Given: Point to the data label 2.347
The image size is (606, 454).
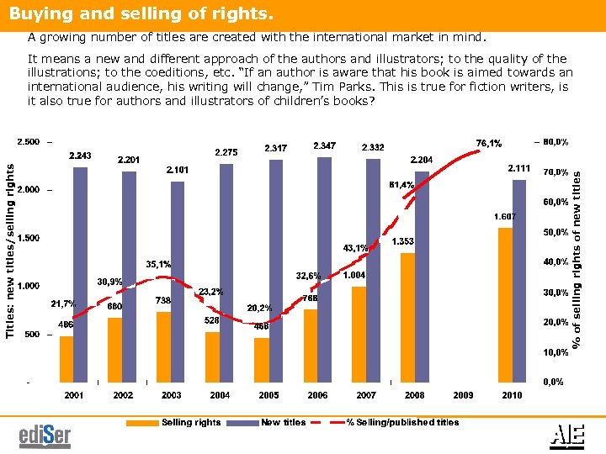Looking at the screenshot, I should [x=326, y=146].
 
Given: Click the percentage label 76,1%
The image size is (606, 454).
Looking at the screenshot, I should [x=489, y=143].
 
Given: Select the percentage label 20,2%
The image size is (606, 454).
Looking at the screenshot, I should [x=259, y=308].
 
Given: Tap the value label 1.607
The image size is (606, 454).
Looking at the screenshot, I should [x=505, y=216].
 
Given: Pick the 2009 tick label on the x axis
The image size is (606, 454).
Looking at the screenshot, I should [x=463, y=394].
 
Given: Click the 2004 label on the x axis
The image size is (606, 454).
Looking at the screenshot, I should [x=221, y=394].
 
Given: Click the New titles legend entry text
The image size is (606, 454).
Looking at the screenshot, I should [x=284, y=422].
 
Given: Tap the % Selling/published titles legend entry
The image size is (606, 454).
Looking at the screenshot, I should [x=403, y=422].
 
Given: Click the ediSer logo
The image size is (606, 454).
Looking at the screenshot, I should [x=45, y=436].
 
